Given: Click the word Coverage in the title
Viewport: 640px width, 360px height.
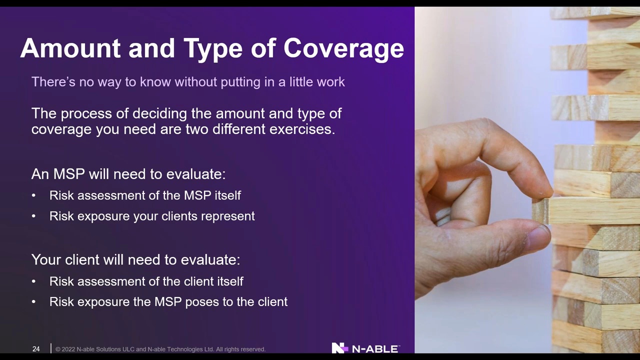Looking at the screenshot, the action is [x=343, y=49].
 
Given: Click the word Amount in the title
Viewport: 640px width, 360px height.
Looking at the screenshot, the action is [x=70, y=48].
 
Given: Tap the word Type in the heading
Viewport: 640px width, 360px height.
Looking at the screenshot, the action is [x=213, y=49].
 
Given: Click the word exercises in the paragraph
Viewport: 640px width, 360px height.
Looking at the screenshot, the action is [x=302, y=129].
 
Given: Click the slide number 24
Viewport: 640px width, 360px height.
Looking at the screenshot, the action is [x=36, y=349].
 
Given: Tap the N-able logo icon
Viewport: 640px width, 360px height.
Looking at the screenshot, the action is [x=340, y=348].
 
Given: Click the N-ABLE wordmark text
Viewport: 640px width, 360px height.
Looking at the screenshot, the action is [x=375, y=349].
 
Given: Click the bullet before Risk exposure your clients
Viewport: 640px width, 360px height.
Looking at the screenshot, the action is [x=33, y=216].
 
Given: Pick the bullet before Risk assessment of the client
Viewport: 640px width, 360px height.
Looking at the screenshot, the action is [x=33, y=281].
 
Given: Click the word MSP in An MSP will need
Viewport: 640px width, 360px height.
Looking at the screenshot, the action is [x=69, y=174].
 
